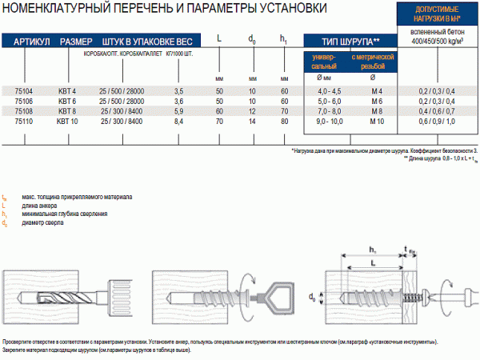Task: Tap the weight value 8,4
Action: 179,122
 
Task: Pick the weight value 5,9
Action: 179,112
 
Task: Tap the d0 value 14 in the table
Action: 252,122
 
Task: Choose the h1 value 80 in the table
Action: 284,122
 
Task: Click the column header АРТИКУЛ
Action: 32,41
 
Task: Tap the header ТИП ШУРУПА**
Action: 350,41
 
